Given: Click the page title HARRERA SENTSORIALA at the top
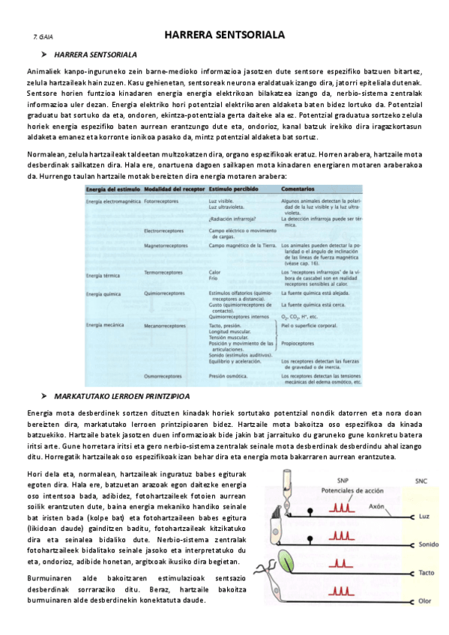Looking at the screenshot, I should [224, 35].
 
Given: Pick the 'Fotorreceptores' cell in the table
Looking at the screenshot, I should [163, 201].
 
